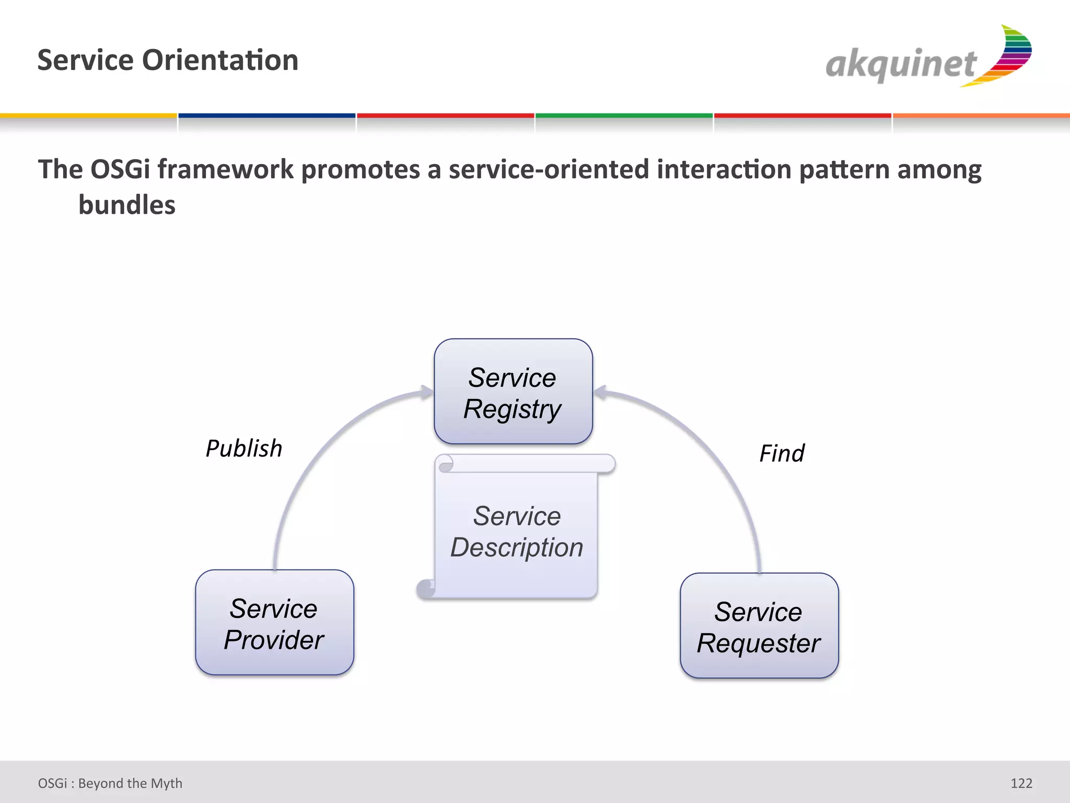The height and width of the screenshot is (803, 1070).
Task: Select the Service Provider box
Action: click(x=274, y=623)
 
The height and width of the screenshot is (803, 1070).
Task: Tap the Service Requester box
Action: click(x=759, y=626)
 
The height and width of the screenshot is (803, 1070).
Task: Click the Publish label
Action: click(x=244, y=449)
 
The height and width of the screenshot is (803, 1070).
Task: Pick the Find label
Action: click(x=782, y=453)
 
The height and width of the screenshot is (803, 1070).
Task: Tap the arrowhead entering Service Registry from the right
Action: click(x=600, y=392)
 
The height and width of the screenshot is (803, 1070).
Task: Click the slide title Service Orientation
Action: click(x=168, y=60)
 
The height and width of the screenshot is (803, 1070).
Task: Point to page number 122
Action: click(x=1021, y=783)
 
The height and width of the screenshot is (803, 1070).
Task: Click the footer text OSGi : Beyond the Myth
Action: click(x=110, y=783)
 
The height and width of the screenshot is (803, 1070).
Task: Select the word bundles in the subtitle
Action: click(x=126, y=205)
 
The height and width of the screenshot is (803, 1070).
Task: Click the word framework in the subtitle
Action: click(x=226, y=169)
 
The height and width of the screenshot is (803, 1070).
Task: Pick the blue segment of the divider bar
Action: click(x=267, y=116)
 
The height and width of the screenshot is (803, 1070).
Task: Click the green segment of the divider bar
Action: click(x=624, y=116)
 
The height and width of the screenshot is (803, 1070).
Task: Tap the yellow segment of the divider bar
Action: click(x=88, y=116)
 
